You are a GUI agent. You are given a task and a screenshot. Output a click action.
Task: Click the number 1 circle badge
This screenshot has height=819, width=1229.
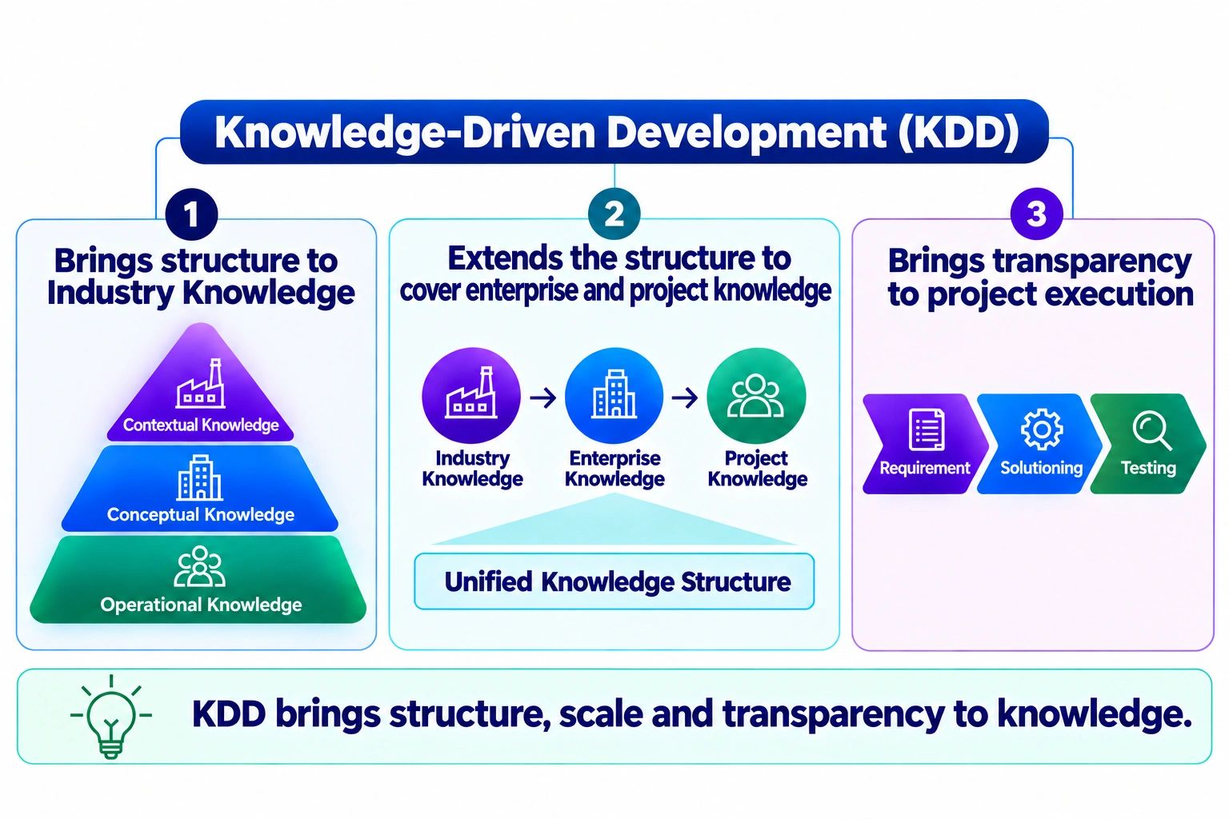(x=191, y=214)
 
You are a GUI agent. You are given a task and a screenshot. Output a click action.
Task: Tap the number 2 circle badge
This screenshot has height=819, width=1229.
(x=614, y=214)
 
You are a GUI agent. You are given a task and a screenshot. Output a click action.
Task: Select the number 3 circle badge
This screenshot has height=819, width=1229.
(x=1036, y=214)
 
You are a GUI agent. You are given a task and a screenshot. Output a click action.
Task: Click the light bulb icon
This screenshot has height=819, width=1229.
(x=111, y=717)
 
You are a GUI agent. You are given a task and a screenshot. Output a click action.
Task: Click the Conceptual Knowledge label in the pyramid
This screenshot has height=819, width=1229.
(x=201, y=514)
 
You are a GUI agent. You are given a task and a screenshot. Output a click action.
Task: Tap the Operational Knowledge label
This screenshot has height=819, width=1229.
(x=201, y=605)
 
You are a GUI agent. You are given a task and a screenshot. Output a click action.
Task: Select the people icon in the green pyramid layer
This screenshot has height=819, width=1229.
(x=200, y=567)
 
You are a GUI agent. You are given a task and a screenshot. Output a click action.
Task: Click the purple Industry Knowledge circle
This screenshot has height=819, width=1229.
(x=470, y=396)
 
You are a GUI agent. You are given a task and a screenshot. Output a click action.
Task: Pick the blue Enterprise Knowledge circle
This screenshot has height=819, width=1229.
(x=614, y=396)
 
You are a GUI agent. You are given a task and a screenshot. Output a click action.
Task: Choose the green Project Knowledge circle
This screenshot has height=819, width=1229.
(x=757, y=396)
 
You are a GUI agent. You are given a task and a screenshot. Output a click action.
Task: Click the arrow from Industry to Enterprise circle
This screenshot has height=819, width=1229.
(x=543, y=398)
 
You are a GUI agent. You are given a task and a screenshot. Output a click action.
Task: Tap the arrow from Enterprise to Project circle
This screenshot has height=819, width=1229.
(x=685, y=398)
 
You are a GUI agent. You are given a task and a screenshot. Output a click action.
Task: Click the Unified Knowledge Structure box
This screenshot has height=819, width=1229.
(x=614, y=581)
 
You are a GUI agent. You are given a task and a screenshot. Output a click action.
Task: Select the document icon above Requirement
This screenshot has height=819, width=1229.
(x=927, y=429)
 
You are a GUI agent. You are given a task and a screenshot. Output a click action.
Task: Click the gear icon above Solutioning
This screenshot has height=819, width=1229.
(x=1042, y=429)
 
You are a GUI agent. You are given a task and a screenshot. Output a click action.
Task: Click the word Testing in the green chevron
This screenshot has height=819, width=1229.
(x=1148, y=468)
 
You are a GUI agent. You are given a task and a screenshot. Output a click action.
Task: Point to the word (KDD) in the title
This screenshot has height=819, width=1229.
(x=959, y=132)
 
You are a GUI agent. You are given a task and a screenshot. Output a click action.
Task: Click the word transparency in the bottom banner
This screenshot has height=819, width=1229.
(x=834, y=715)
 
